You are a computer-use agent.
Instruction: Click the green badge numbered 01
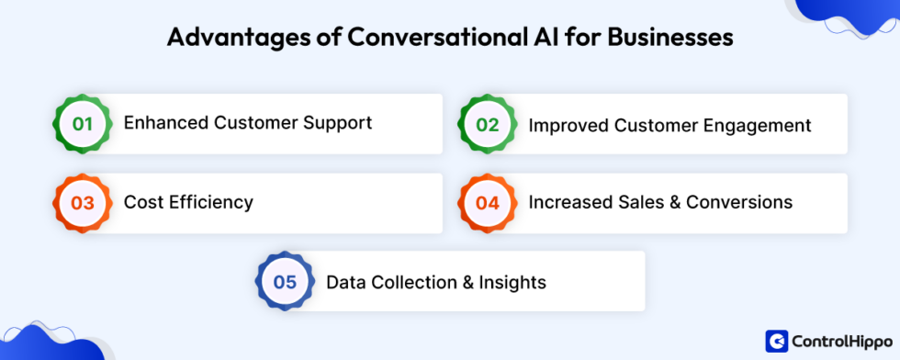tap(83, 123)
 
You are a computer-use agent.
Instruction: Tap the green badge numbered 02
tap(487, 123)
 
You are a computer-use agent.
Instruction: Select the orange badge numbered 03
tap(83, 202)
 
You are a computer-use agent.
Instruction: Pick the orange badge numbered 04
tap(487, 202)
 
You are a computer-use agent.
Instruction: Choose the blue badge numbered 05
tap(285, 282)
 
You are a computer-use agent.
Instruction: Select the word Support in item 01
tap(340, 123)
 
